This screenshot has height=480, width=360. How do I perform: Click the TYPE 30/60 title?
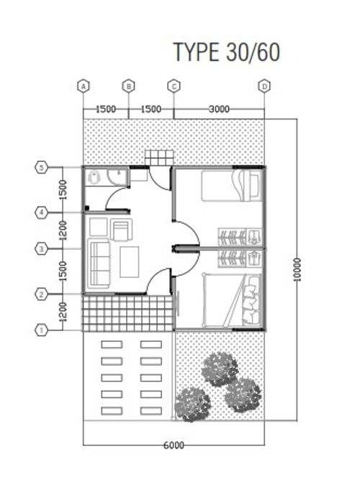[227, 52]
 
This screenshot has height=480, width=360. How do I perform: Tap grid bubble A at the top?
[84, 86]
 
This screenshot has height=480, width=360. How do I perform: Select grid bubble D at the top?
[264, 86]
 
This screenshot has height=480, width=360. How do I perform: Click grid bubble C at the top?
[174, 86]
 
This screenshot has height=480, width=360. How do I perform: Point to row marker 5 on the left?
[41, 167]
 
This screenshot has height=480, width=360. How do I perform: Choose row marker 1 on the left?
[41, 330]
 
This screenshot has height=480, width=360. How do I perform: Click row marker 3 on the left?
[41, 249]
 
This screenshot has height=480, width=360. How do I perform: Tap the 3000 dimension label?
[219, 109]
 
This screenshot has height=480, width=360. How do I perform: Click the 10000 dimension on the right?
[297, 269]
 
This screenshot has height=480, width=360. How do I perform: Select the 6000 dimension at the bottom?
[174, 445]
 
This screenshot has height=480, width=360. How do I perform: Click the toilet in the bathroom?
[94, 177]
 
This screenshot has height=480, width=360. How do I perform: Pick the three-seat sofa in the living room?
[99, 263]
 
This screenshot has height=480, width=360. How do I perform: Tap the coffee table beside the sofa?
[130, 262]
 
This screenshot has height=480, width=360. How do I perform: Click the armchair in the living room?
[122, 230]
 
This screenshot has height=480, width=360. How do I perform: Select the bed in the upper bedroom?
[232, 186]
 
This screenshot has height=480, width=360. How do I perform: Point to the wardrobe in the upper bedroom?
[240, 237]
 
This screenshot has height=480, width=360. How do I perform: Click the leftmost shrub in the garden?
[192, 404]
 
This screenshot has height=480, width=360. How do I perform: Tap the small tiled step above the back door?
[158, 158]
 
